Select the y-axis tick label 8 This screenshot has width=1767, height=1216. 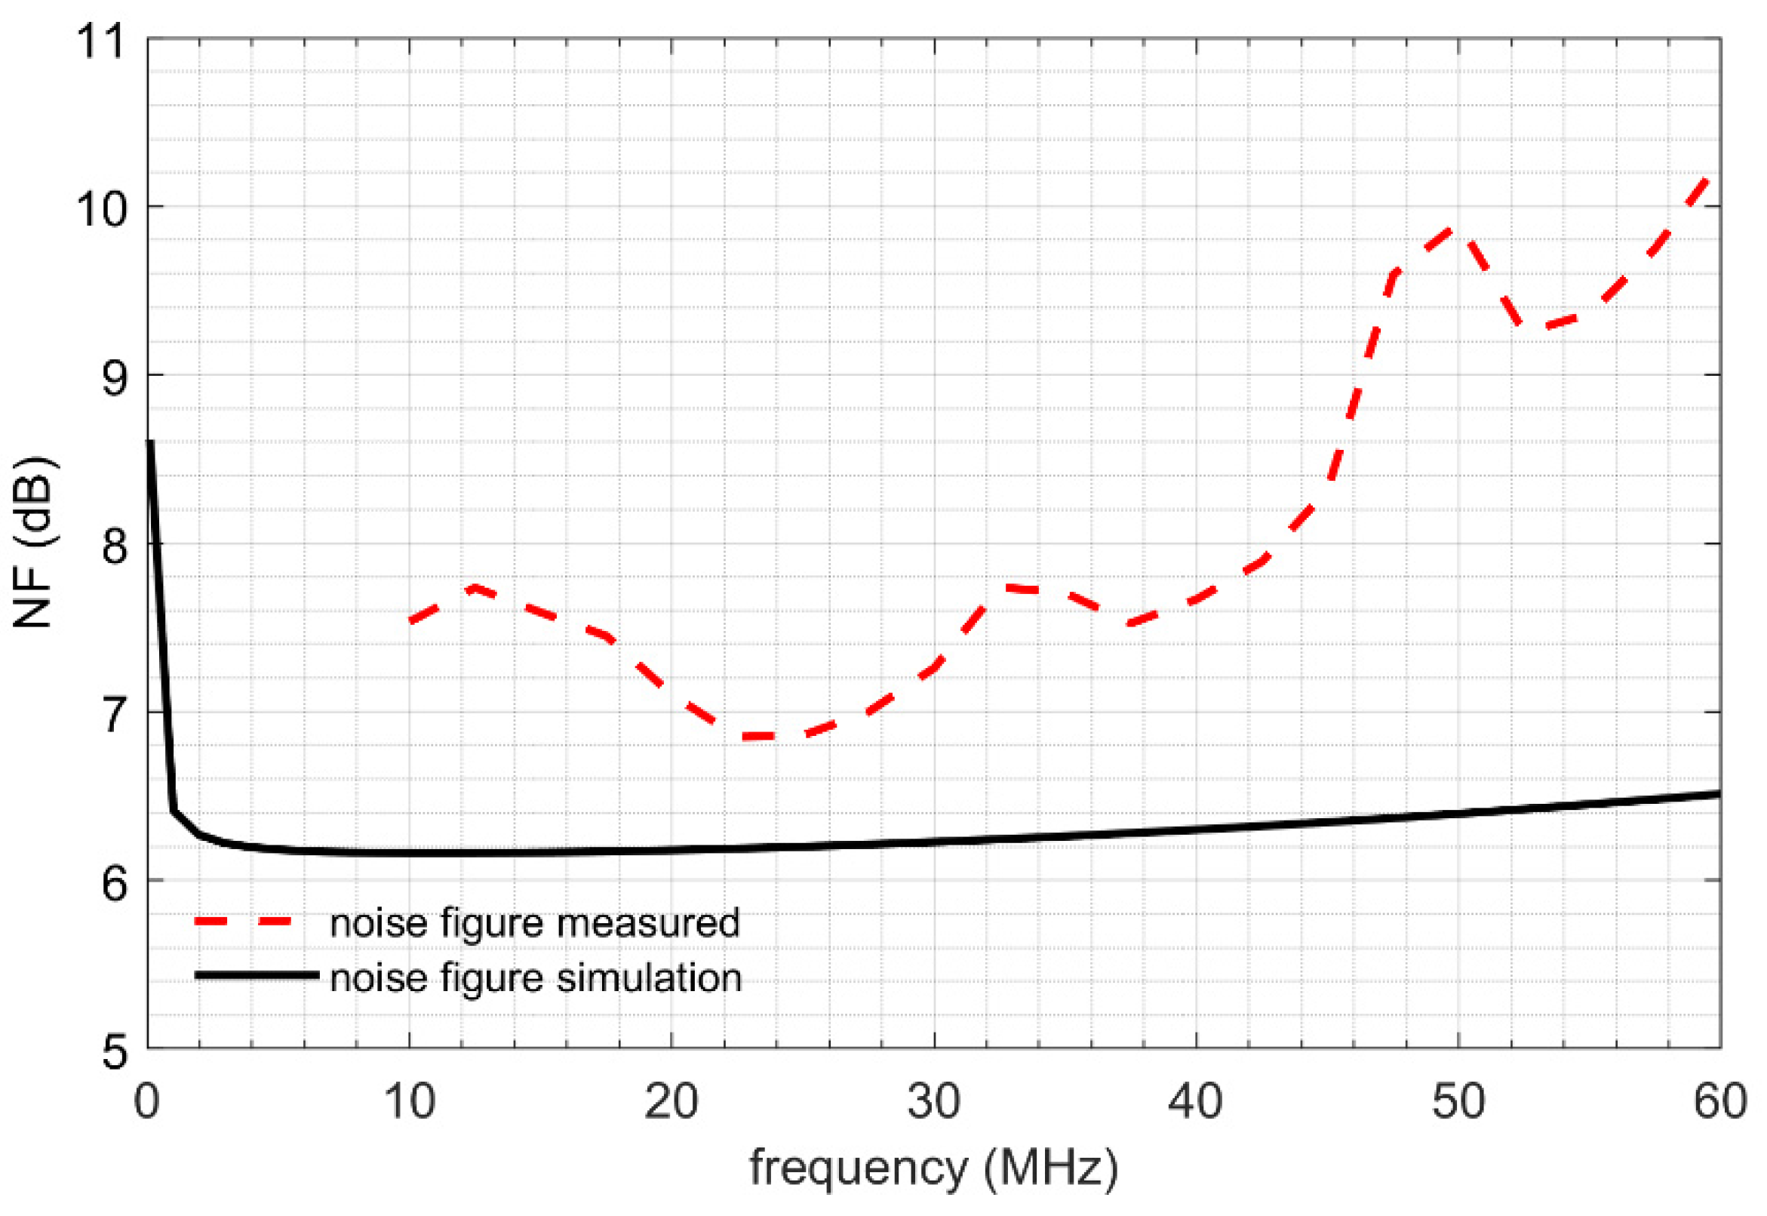(x=115, y=546)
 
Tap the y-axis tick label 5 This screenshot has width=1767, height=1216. (x=115, y=1052)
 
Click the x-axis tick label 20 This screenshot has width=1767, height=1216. (x=671, y=1102)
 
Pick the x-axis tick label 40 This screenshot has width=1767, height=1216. (x=1196, y=1102)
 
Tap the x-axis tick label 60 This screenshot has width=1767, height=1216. (x=1719, y=1102)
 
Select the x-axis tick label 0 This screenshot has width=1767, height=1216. (x=147, y=1102)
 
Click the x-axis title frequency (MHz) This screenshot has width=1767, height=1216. (x=934, y=1167)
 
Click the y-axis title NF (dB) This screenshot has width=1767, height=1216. (x=33, y=543)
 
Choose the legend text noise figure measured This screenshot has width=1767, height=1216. (x=535, y=922)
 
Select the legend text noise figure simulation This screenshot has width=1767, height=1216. (x=536, y=977)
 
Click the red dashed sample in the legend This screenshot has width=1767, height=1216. (x=244, y=921)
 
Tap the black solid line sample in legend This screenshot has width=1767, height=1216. (x=257, y=974)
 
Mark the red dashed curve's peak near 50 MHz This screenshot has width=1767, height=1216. (x=1453, y=229)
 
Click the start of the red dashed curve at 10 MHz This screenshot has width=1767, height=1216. (x=411, y=622)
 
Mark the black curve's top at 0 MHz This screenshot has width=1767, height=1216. (x=151, y=442)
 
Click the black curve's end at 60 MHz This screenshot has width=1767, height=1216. (x=1719, y=794)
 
